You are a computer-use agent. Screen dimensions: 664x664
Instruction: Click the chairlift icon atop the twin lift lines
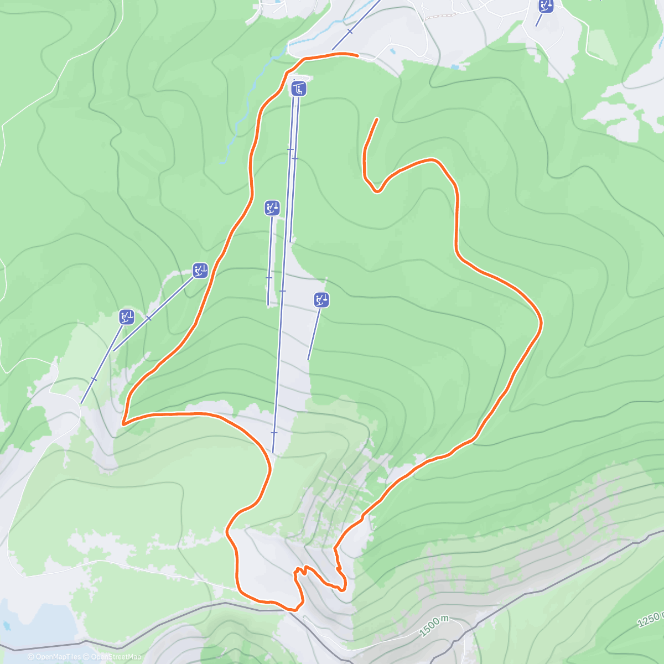[299, 89]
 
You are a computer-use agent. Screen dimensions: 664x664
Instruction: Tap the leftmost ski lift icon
[127, 317]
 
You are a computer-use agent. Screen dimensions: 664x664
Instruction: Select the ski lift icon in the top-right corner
[546, 6]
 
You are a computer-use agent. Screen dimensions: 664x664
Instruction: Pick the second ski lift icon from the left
[200, 271]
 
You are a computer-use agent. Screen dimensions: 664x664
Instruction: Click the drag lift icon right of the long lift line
[321, 300]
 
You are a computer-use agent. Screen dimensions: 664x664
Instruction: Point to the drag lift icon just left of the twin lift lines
[272, 208]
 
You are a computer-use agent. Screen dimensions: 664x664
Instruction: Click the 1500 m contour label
[433, 625]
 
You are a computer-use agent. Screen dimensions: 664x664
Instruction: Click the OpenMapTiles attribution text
[54, 657]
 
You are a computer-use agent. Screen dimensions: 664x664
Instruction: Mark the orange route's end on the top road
[357, 55]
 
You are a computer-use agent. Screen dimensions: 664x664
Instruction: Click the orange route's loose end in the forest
[377, 119]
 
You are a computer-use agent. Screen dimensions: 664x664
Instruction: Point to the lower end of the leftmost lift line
[82, 402]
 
